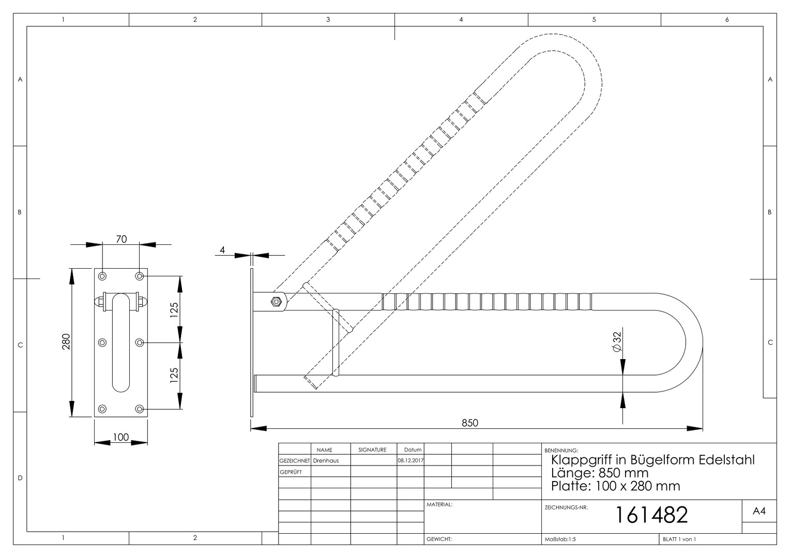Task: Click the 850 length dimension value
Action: click(470, 423)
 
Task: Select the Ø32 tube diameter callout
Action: click(617, 342)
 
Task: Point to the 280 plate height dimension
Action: click(66, 342)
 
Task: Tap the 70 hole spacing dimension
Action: click(121, 239)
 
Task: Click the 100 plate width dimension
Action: click(120, 437)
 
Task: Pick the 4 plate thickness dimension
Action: click(222, 250)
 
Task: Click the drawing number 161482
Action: click(651, 515)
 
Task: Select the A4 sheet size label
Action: click(759, 511)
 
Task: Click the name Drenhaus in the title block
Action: click(326, 460)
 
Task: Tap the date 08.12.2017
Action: click(411, 460)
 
